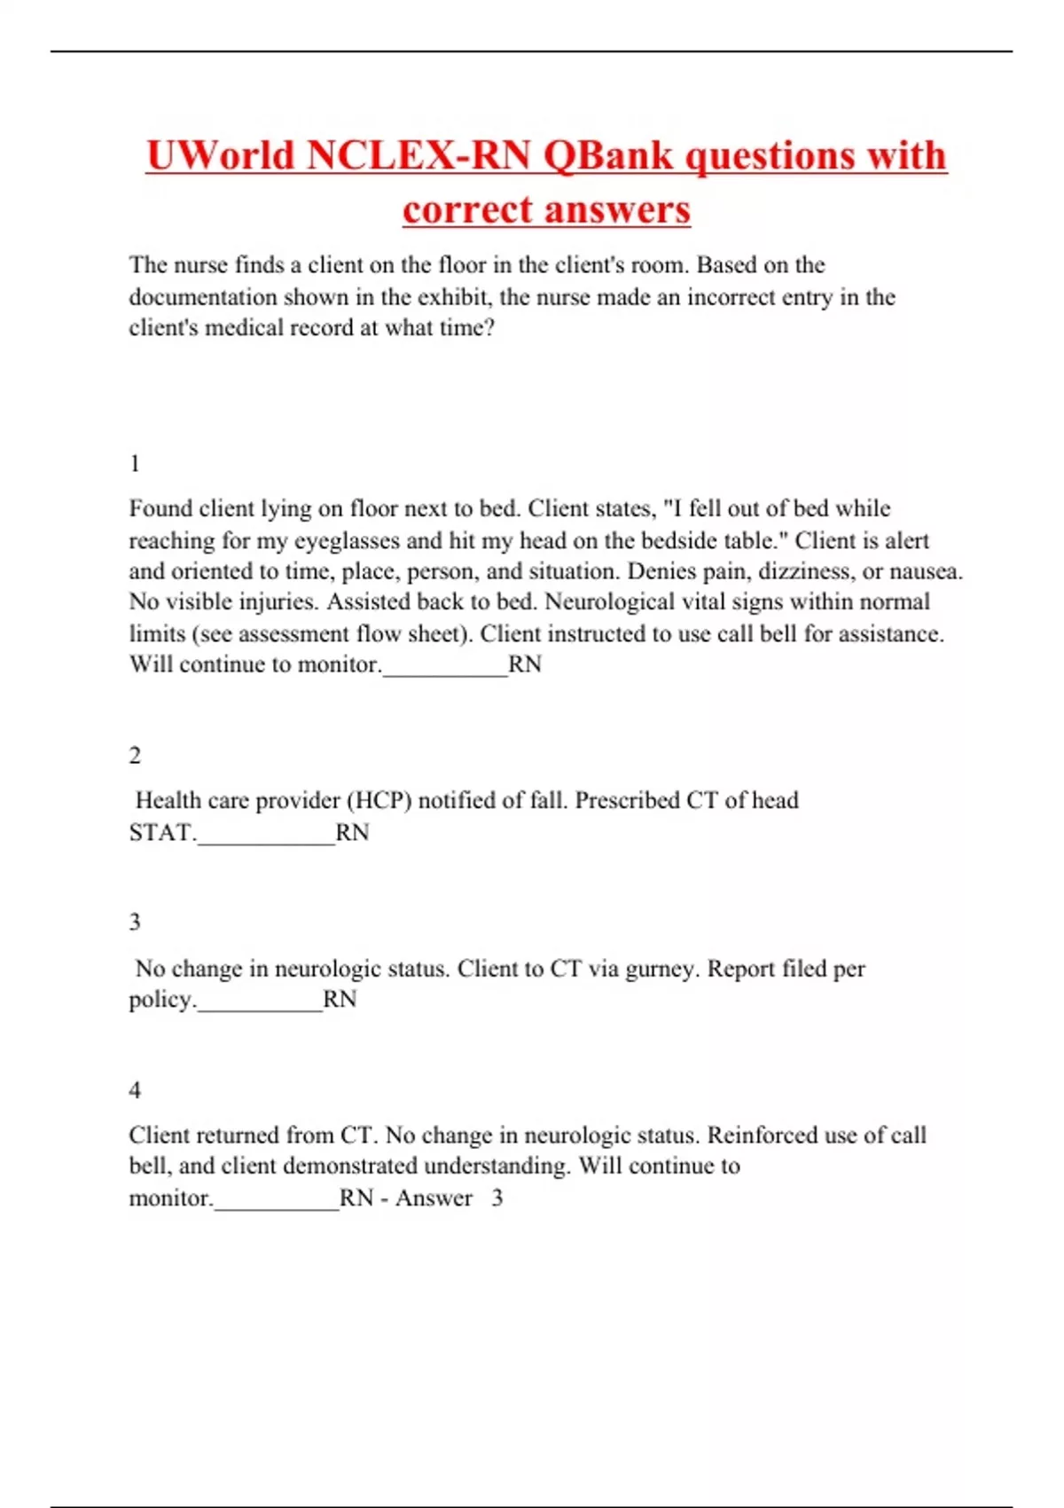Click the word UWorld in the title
pyautogui.click(x=219, y=156)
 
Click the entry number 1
pyautogui.click(x=135, y=464)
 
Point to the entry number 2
pyautogui.click(x=135, y=756)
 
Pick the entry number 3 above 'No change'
pyautogui.click(x=135, y=923)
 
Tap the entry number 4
pyautogui.click(x=135, y=1090)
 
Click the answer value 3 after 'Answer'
pyautogui.click(x=497, y=1198)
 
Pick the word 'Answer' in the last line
pyautogui.click(x=434, y=1198)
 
